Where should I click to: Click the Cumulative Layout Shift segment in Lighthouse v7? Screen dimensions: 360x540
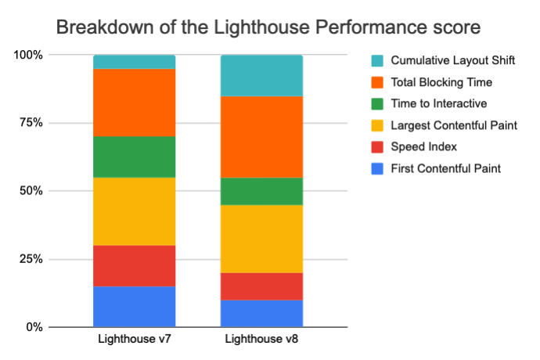coord(134,62)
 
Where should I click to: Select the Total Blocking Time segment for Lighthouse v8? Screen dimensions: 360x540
coord(261,137)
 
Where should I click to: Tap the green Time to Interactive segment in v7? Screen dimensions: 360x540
coord(134,157)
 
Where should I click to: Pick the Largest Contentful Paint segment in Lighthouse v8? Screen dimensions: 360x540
coord(261,239)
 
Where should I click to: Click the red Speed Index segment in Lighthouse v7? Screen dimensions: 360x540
coord(134,266)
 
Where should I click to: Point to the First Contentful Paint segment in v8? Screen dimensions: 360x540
coord(261,313)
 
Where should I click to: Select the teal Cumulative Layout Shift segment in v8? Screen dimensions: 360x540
coord(261,76)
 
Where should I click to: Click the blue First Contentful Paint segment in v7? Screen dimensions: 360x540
coord(134,307)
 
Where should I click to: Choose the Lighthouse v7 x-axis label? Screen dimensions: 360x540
coord(134,340)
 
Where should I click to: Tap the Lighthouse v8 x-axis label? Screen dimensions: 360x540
coord(261,340)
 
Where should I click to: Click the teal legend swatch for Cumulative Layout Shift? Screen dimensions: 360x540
coord(376,60)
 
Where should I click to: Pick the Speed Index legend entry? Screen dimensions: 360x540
coord(423,146)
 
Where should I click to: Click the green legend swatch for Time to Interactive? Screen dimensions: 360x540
coord(376,103)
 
